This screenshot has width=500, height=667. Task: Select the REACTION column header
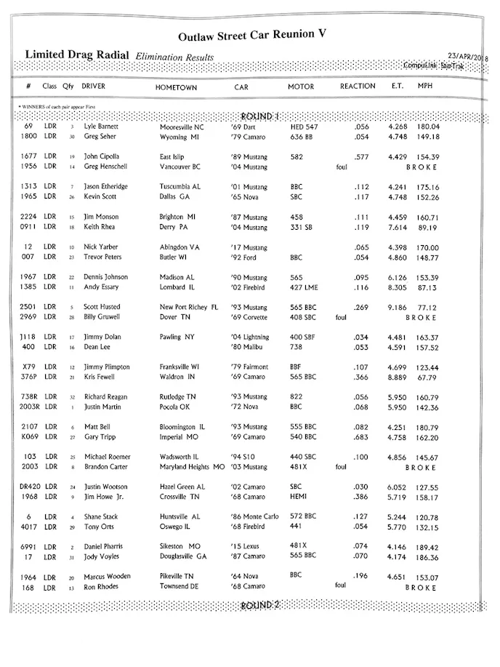coord(358,87)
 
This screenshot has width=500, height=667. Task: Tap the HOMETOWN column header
coord(176,87)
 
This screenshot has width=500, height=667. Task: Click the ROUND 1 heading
coord(260,116)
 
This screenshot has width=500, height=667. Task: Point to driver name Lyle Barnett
coord(102,127)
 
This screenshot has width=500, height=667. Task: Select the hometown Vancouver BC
coord(180,166)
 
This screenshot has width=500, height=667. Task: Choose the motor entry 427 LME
coord(305,287)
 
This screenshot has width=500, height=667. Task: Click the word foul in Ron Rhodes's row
coord(340,586)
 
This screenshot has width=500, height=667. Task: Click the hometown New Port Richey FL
coord(188,307)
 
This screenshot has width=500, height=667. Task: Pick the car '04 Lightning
coord(251,337)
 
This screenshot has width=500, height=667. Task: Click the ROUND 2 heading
coord(260,605)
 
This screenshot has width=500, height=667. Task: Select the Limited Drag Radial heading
coord(77,55)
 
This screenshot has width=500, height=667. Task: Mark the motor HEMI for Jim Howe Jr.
coord(298,498)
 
